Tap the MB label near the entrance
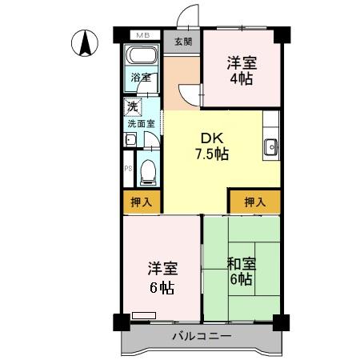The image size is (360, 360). click(142, 36)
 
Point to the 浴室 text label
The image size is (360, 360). click(142, 78)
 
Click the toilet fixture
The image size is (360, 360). click(146, 170)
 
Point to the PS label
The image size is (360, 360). click(128, 169)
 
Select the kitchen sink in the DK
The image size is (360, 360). click(270, 147)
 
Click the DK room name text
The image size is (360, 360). click(210, 137)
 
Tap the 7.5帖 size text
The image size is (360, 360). click(211, 154)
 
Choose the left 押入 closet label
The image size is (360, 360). click(142, 202)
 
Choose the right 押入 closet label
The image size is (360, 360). click(254, 202)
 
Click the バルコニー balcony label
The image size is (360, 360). click(202, 336)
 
